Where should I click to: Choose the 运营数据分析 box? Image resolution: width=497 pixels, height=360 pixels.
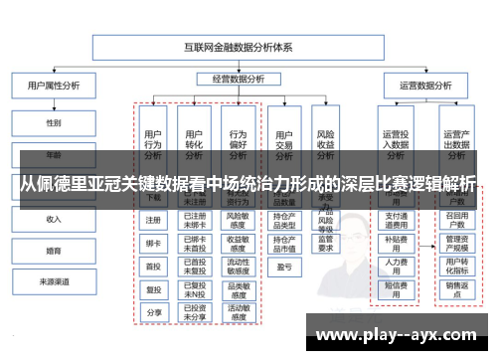(424, 87)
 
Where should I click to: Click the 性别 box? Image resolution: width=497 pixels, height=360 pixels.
(53, 123)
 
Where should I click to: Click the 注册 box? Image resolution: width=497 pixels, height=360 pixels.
(153, 220)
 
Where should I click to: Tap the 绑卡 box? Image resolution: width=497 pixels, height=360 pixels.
(153, 243)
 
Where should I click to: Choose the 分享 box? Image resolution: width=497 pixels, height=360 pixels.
(153, 311)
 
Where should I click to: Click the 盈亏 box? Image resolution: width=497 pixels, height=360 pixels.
(284, 267)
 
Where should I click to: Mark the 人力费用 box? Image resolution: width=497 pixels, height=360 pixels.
(397, 264)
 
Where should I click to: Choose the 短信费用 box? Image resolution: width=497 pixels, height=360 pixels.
(397, 287)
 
